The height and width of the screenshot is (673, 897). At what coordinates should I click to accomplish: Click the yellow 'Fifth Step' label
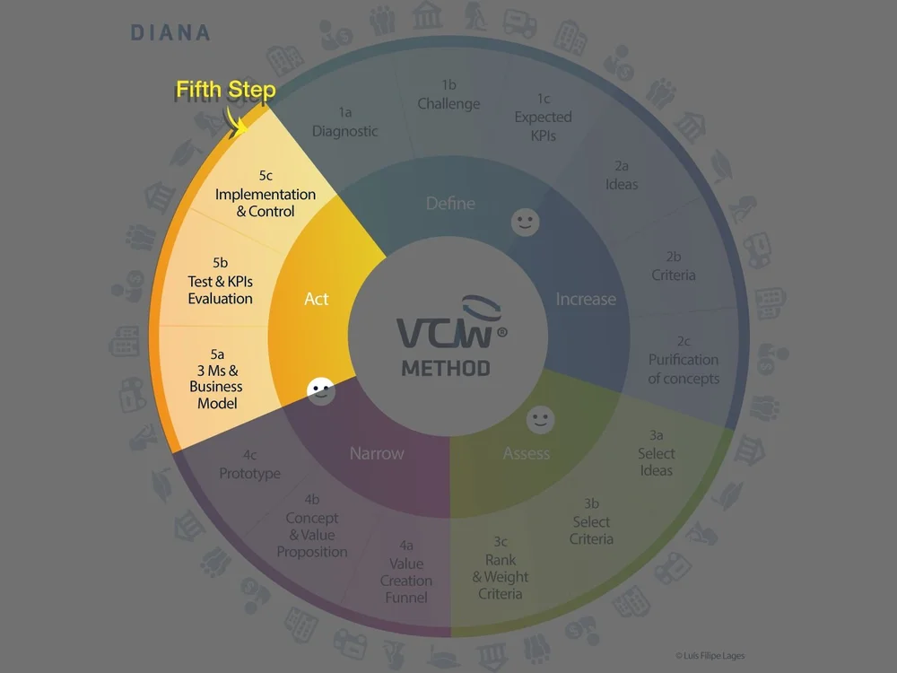click(x=225, y=91)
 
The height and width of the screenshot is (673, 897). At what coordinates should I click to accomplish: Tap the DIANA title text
click(x=170, y=33)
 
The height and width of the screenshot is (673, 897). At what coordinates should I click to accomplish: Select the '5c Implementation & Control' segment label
click(x=266, y=194)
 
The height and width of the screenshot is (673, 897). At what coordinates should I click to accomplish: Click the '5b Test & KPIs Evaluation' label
click(x=221, y=281)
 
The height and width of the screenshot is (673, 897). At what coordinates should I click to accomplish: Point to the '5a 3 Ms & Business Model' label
click(x=216, y=378)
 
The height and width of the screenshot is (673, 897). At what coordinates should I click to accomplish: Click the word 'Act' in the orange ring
click(x=317, y=299)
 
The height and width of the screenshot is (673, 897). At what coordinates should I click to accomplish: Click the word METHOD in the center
click(x=446, y=368)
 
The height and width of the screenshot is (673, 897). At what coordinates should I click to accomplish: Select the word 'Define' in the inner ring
click(x=450, y=204)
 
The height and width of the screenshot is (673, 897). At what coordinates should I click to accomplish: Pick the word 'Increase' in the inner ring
click(x=586, y=299)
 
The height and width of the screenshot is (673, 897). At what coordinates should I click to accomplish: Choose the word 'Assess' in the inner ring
click(x=527, y=453)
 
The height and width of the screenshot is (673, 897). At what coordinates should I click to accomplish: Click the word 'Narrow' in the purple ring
click(x=377, y=453)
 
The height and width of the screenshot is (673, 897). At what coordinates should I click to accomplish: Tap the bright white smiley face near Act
click(x=320, y=390)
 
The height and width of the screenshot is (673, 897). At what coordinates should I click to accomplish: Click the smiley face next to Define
click(x=526, y=222)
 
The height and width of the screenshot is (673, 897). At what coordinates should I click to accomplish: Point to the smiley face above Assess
click(x=541, y=419)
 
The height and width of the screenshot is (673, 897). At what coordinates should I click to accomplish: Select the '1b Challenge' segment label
click(x=449, y=94)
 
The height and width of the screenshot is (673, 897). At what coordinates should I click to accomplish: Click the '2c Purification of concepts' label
click(x=684, y=360)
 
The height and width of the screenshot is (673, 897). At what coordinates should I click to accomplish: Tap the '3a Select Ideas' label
click(x=656, y=453)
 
